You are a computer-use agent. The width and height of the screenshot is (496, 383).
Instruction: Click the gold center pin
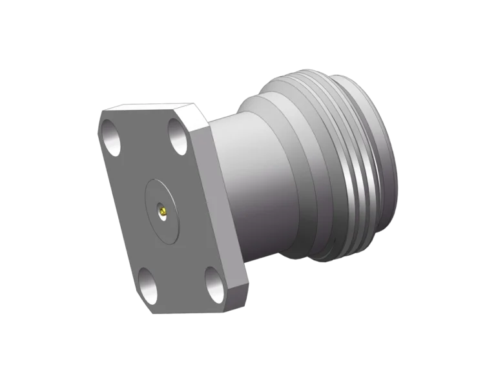tap(164, 211)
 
